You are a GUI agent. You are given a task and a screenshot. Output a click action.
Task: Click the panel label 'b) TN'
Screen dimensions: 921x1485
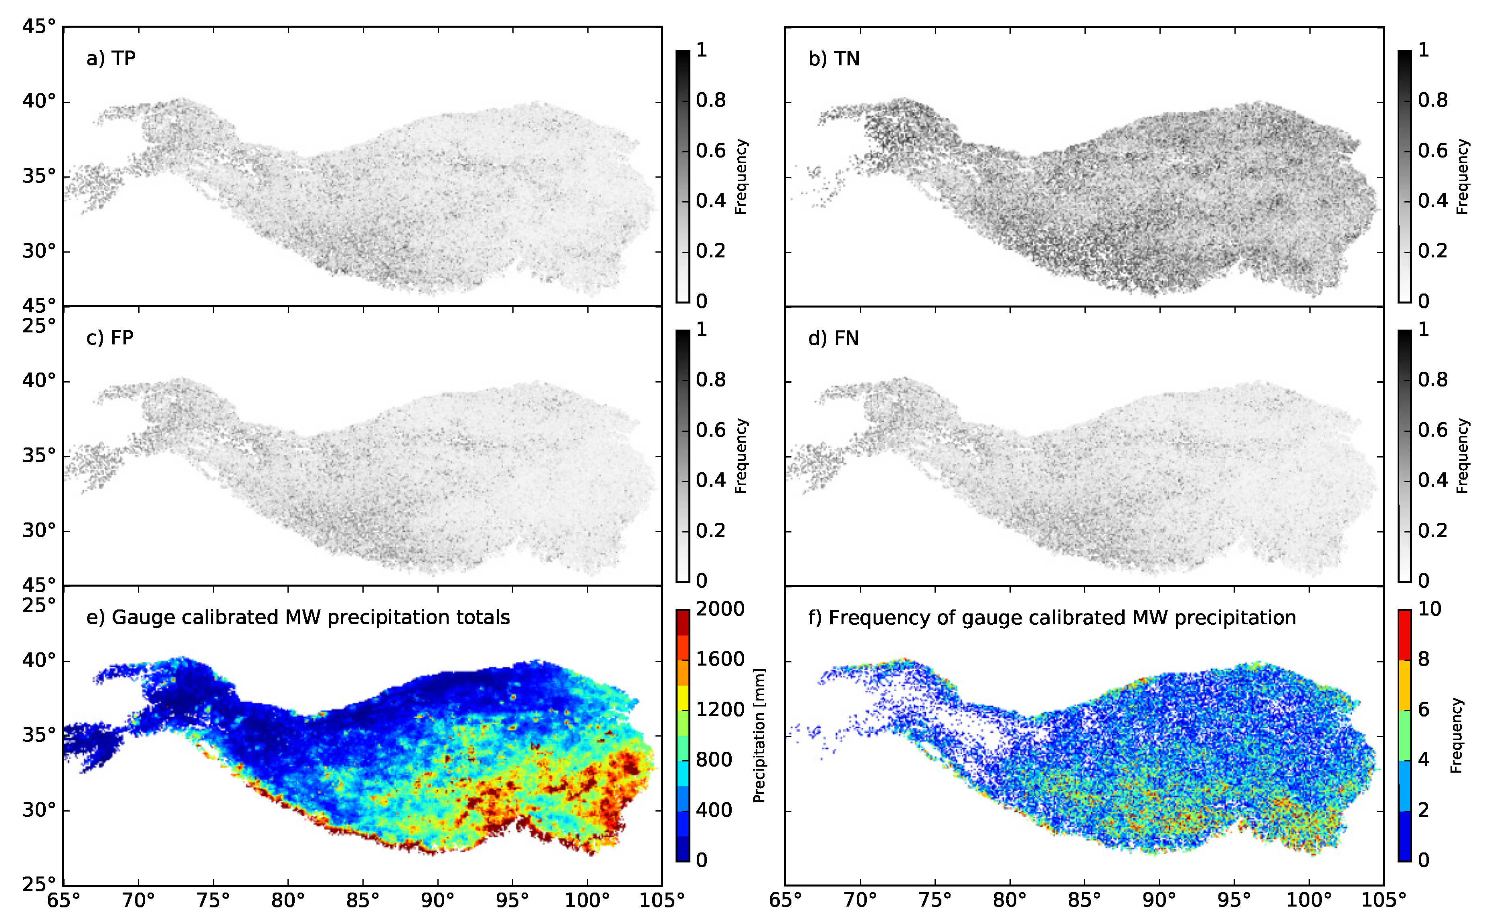click(833, 59)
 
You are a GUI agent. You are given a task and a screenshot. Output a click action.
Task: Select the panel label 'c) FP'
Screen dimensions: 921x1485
click(109, 338)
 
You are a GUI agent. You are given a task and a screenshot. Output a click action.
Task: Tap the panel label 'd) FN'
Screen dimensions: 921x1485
click(833, 338)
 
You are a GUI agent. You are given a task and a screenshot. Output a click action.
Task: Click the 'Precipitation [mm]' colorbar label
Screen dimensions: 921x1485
click(759, 735)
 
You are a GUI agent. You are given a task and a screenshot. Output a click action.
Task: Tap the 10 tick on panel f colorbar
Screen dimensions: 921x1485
click(1430, 609)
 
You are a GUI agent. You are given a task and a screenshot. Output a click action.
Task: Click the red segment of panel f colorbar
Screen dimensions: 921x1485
click(1404, 635)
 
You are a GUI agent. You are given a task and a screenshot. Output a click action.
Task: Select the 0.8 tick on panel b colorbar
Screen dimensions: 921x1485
click(1432, 100)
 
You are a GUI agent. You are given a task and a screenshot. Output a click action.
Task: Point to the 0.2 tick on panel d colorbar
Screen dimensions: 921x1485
click(1432, 530)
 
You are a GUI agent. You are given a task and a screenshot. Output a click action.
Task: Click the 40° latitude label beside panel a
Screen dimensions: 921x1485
click(38, 101)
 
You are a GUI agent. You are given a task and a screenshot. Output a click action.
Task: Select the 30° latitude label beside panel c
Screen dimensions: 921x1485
click(38, 530)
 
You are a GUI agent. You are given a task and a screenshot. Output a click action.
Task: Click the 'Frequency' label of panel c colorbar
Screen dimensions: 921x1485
click(740, 455)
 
